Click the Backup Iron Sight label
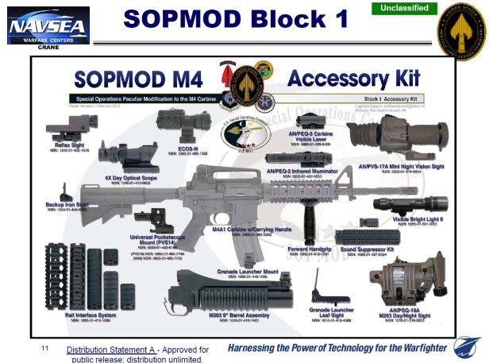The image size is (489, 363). click(x=66, y=204)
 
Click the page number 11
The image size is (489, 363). click(x=45, y=349)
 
